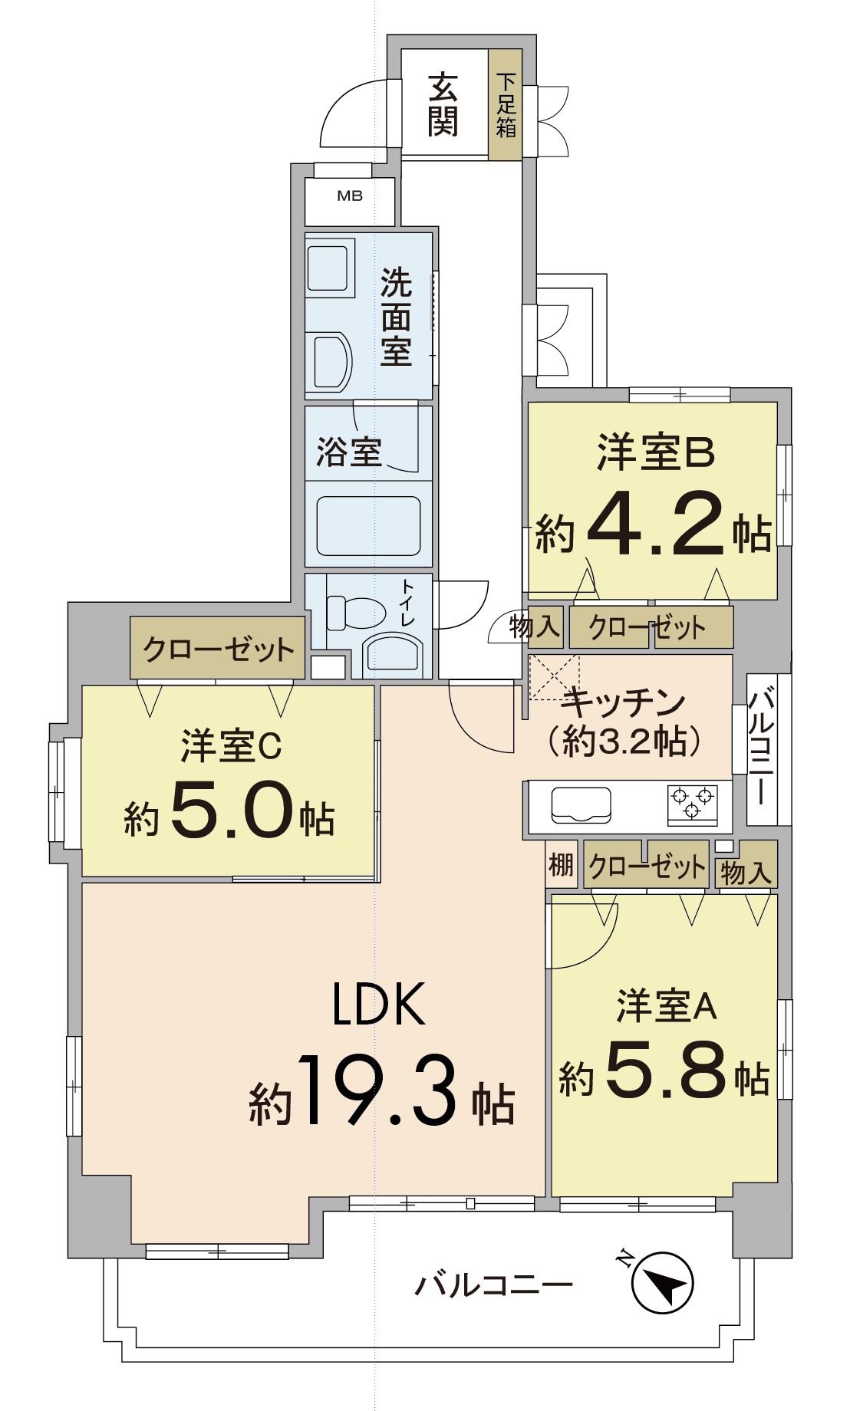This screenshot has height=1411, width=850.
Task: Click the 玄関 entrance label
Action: pos(443,104)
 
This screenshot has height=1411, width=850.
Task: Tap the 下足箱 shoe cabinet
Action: pos(506,105)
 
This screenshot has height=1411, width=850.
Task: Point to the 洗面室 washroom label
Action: pos(396,317)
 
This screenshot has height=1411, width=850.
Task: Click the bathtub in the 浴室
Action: pos(368,525)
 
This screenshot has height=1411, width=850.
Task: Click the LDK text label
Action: pos(379,1004)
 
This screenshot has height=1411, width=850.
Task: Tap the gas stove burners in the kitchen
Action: pos(693,805)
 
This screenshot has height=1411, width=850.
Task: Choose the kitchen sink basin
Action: pos(581,804)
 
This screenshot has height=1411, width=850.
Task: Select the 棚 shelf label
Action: pos(562,865)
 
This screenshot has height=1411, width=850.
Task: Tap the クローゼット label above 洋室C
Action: pos(219,650)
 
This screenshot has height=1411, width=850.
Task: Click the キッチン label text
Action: pos(623,702)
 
